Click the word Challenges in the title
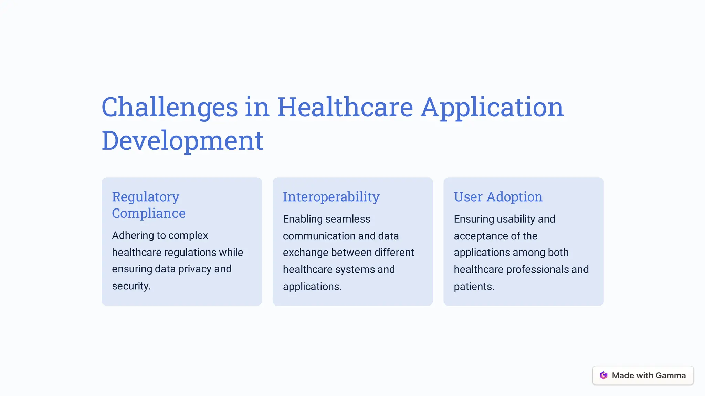point(169,107)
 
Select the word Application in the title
point(492,107)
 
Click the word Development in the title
point(182,141)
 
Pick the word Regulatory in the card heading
point(145,197)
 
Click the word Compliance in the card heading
point(149,213)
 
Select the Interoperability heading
point(331,197)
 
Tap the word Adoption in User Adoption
point(514,197)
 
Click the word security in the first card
point(130,286)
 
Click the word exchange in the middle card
point(305,253)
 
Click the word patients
point(473,287)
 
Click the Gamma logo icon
point(603,375)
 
